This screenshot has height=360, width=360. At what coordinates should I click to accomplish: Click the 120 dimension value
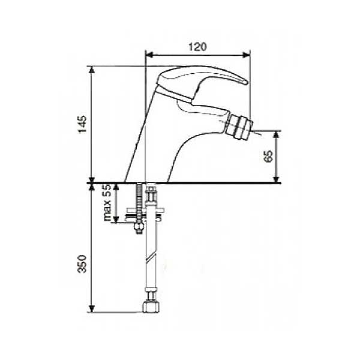[197, 47]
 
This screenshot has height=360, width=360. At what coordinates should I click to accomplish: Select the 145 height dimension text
[83, 124]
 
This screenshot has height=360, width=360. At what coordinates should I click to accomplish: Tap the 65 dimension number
[268, 157]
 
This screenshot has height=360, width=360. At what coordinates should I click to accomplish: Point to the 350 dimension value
[82, 263]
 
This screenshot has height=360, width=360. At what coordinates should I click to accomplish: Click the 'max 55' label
[107, 202]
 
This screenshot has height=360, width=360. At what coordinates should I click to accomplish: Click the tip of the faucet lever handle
[247, 83]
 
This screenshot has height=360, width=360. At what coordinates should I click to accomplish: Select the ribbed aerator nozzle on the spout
[239, 127]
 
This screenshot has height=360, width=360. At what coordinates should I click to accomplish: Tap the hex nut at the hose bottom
[151, 307]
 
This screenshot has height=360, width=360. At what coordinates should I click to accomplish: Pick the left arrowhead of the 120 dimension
[149, 55]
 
